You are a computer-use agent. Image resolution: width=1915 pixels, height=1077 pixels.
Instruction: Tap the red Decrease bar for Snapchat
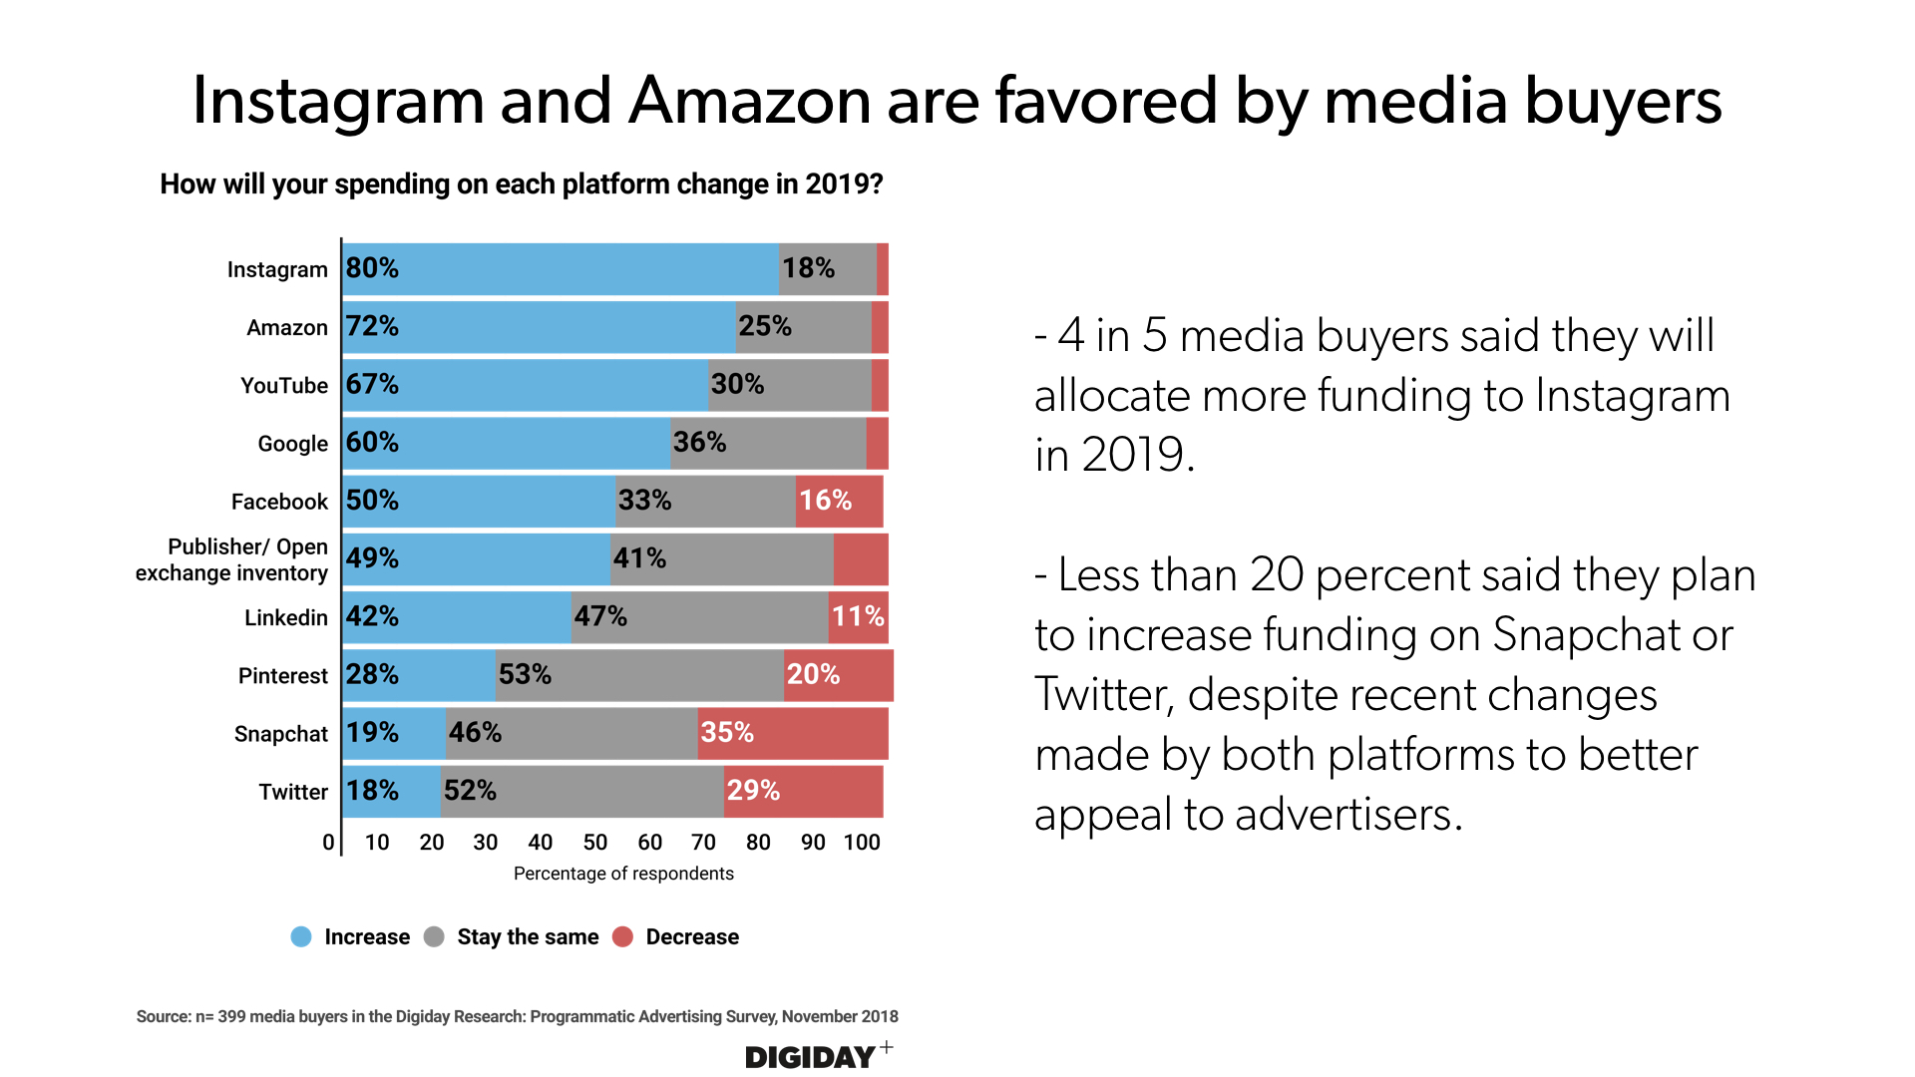point(793,733)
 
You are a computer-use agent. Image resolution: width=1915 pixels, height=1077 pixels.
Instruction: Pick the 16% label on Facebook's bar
point(825,501)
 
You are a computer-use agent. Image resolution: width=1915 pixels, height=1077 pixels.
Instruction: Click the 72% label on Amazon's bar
point(372,326)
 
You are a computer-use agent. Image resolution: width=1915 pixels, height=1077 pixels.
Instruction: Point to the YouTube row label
point(284,386)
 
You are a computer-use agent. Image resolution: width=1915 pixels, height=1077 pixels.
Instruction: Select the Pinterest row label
point(282,676)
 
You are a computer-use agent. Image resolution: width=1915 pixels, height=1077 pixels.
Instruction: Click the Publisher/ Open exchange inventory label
point(232,559)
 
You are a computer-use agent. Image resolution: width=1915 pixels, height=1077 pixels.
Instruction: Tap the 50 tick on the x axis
point(594,843)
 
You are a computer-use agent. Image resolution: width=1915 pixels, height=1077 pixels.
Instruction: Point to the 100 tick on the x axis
point(862,843)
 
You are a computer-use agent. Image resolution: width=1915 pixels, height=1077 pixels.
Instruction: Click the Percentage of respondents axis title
point(623,874)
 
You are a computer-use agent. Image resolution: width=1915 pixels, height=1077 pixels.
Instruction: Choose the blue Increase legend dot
point(301,936)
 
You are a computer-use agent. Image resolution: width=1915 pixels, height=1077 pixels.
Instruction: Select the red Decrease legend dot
point(622,936)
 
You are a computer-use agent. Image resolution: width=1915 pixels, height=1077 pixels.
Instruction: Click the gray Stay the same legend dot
point(434,936)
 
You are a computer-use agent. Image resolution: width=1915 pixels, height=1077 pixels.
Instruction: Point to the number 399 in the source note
point(231,1016)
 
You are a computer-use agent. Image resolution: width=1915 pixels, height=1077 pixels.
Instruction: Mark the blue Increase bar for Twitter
point(392,792)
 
